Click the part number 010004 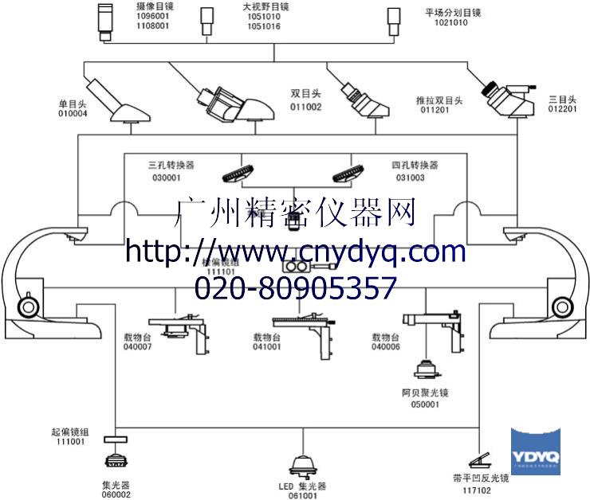coord(73,113)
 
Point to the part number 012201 coord(563,111)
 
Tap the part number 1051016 coord(263,26)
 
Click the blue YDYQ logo coord(536,451)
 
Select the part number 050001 coord(425,404)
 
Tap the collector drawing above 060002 coord(116,461)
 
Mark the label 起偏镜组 coord(69,432)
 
